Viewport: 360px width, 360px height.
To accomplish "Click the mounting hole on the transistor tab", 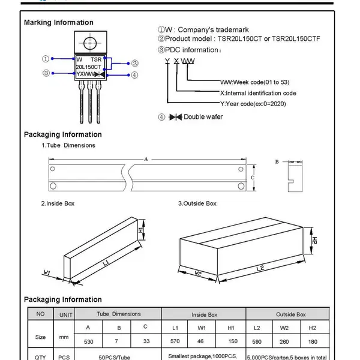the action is pyautogui.click(x=90, y=43).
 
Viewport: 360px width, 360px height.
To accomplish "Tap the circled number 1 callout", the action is pyautogui.click(x=46, y=59).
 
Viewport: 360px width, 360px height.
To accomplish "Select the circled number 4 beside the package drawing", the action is pyautogui.click(x=134, y=75).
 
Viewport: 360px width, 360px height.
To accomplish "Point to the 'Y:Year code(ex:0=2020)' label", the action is pyautogui.click(x=253, y=104).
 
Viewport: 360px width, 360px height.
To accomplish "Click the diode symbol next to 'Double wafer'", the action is pyautogui.click(x=176, y=117).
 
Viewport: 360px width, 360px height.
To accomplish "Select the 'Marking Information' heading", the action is pyautogui.click(x=59, y=23).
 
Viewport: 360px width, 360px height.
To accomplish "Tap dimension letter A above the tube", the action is pyautogui.click(x=146, y=159).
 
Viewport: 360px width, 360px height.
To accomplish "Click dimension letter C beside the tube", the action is pyautogui.click(x=253, y=178).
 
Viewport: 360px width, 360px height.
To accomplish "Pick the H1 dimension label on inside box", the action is pyautogui.click(x=141, y=230).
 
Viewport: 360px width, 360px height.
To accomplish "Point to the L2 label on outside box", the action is pyautogui.click(x=260, y=268).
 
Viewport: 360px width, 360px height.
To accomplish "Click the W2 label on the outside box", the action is pyautogui.click(x=197, y=273).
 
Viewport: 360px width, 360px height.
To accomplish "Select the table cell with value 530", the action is pyautogui.click(x=89, y=341).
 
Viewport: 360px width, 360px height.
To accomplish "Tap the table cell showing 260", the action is pyautogui.click(x=284, y=341).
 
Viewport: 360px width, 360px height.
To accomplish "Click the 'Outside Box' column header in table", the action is pyautogui.click(x=290, y=314).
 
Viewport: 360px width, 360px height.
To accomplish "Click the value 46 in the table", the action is pyautogui.click(x=200, y=341).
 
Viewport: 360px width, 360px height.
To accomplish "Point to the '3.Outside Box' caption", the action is pyautogui.click(x=197, y=203).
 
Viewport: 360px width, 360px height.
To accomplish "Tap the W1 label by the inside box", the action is pyautogui.click(x=47, y=272).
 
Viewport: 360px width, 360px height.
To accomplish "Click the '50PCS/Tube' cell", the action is pyautogui.click(x=115, y=357).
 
